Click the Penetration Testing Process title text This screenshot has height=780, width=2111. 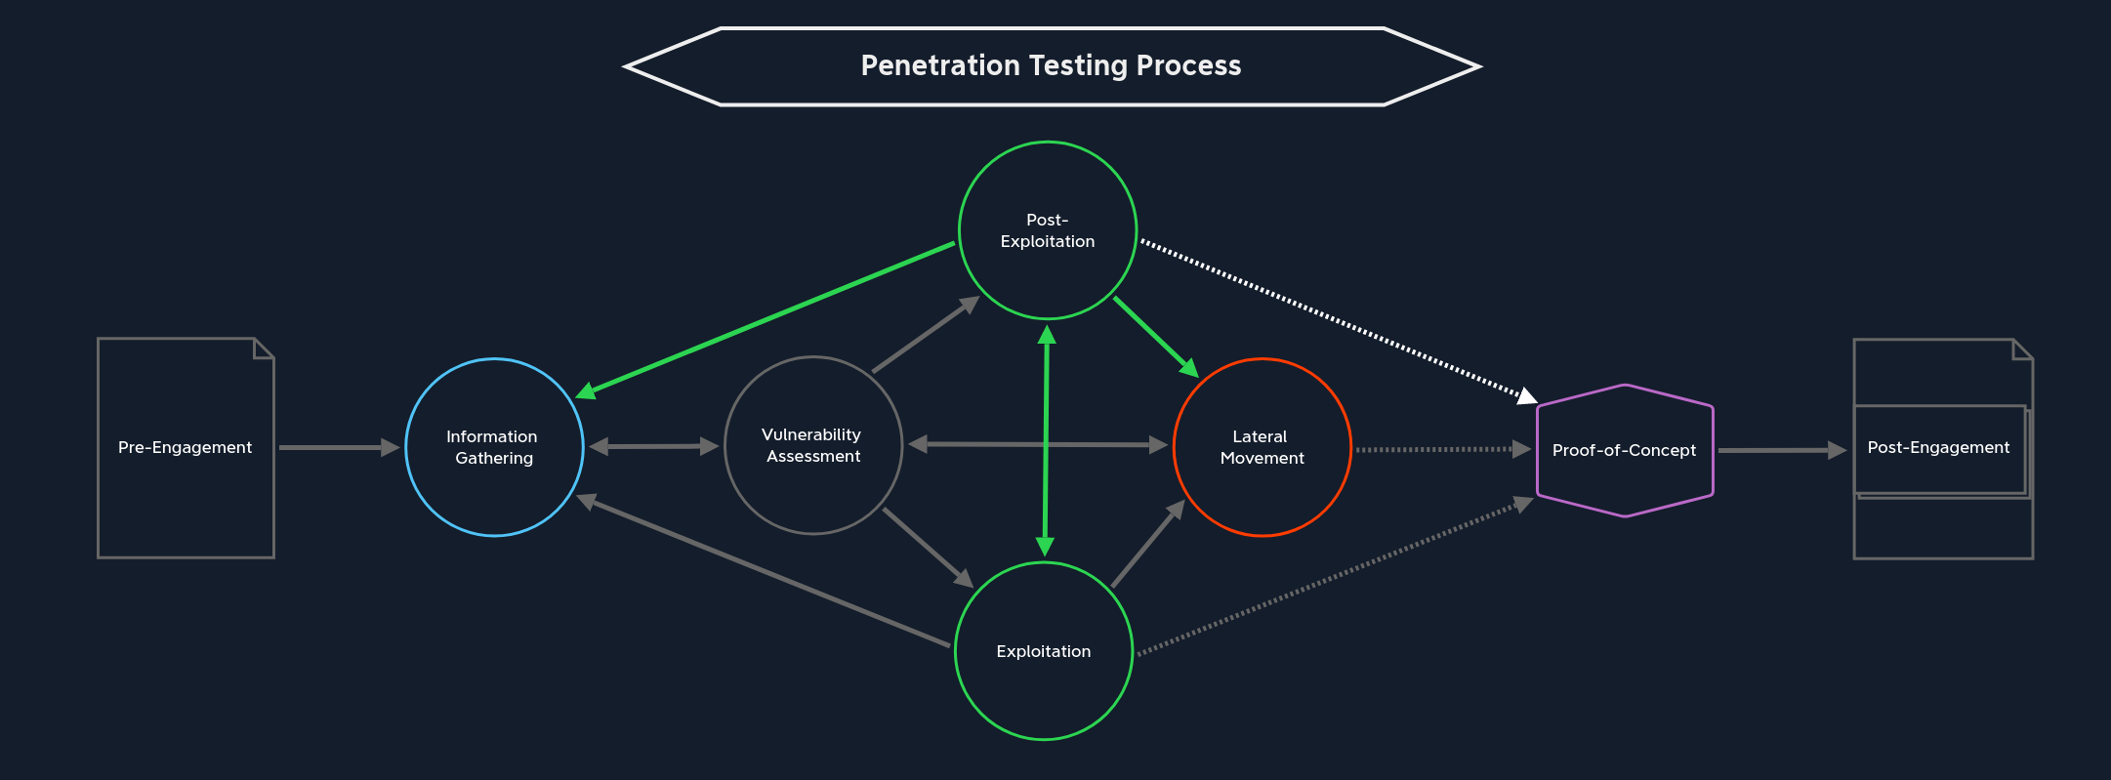pos(1051,65)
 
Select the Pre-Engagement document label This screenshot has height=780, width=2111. pos(185,447)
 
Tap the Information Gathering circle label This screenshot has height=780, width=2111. pos(493,447)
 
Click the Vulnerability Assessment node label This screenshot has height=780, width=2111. pos(812,445)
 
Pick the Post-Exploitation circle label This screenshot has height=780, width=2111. pos(1047,230)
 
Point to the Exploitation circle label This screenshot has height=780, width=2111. pos(1043,651)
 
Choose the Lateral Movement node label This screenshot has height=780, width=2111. pos(1262,447)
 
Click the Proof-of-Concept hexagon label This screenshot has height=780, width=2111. pos(1624,450)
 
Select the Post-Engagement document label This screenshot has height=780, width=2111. pos(1938,447)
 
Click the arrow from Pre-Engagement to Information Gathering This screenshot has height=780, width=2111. pos(337,447)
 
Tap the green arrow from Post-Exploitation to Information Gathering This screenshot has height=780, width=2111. pos(766,319)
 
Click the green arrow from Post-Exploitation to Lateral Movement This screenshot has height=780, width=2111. pos(1155,336)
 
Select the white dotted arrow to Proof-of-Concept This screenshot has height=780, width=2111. pos(1338,321)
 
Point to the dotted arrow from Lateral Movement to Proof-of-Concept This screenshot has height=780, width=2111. pos(1441,449)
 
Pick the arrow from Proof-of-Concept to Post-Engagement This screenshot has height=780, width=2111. pos(1780,450)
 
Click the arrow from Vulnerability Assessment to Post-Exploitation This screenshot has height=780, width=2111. pos(925,335)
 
